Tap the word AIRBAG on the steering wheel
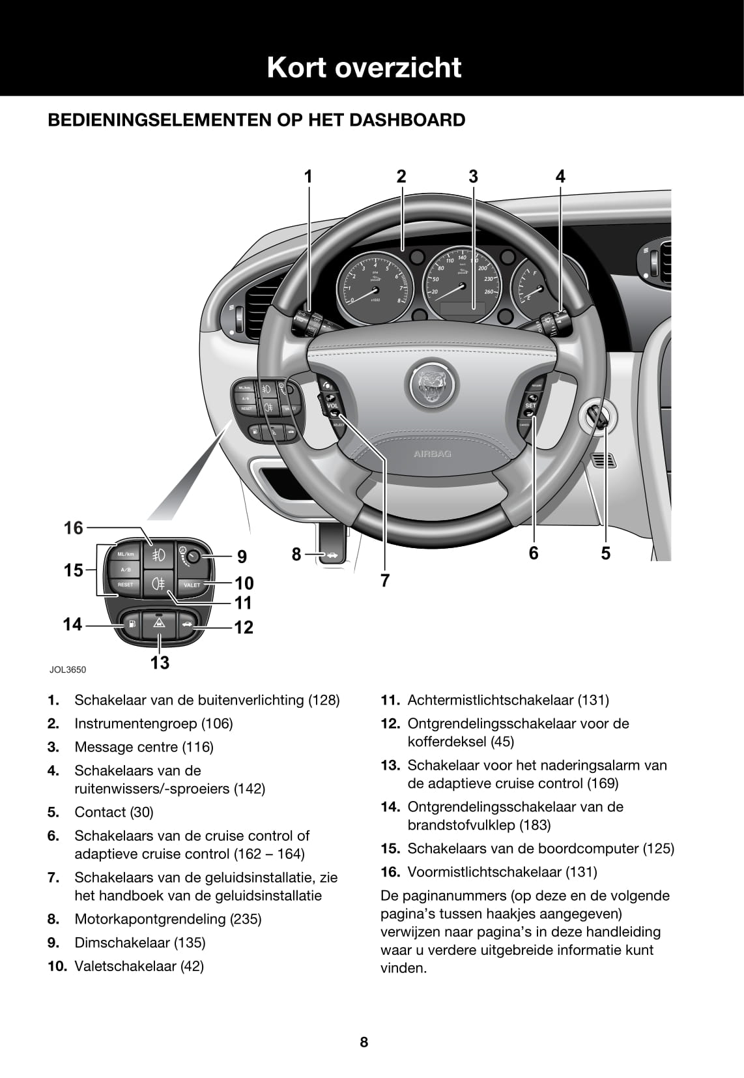[432, 454]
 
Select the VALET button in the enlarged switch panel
[192, 585]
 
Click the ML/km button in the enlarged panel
[125, 554]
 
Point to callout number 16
[74, 528]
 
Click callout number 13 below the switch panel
[160, 663]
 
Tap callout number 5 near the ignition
[606, 553]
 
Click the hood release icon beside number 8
[332, 555]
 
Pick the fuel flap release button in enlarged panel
[132, 624]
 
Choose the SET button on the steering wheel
[530, 405]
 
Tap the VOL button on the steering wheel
[332, 405]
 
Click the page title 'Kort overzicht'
[364, 68]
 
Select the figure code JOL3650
[68, 669]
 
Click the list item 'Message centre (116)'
[144, 747]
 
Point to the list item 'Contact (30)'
[114, 812]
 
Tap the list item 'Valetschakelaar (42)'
[139, 966]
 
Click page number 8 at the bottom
[364, 1042]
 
